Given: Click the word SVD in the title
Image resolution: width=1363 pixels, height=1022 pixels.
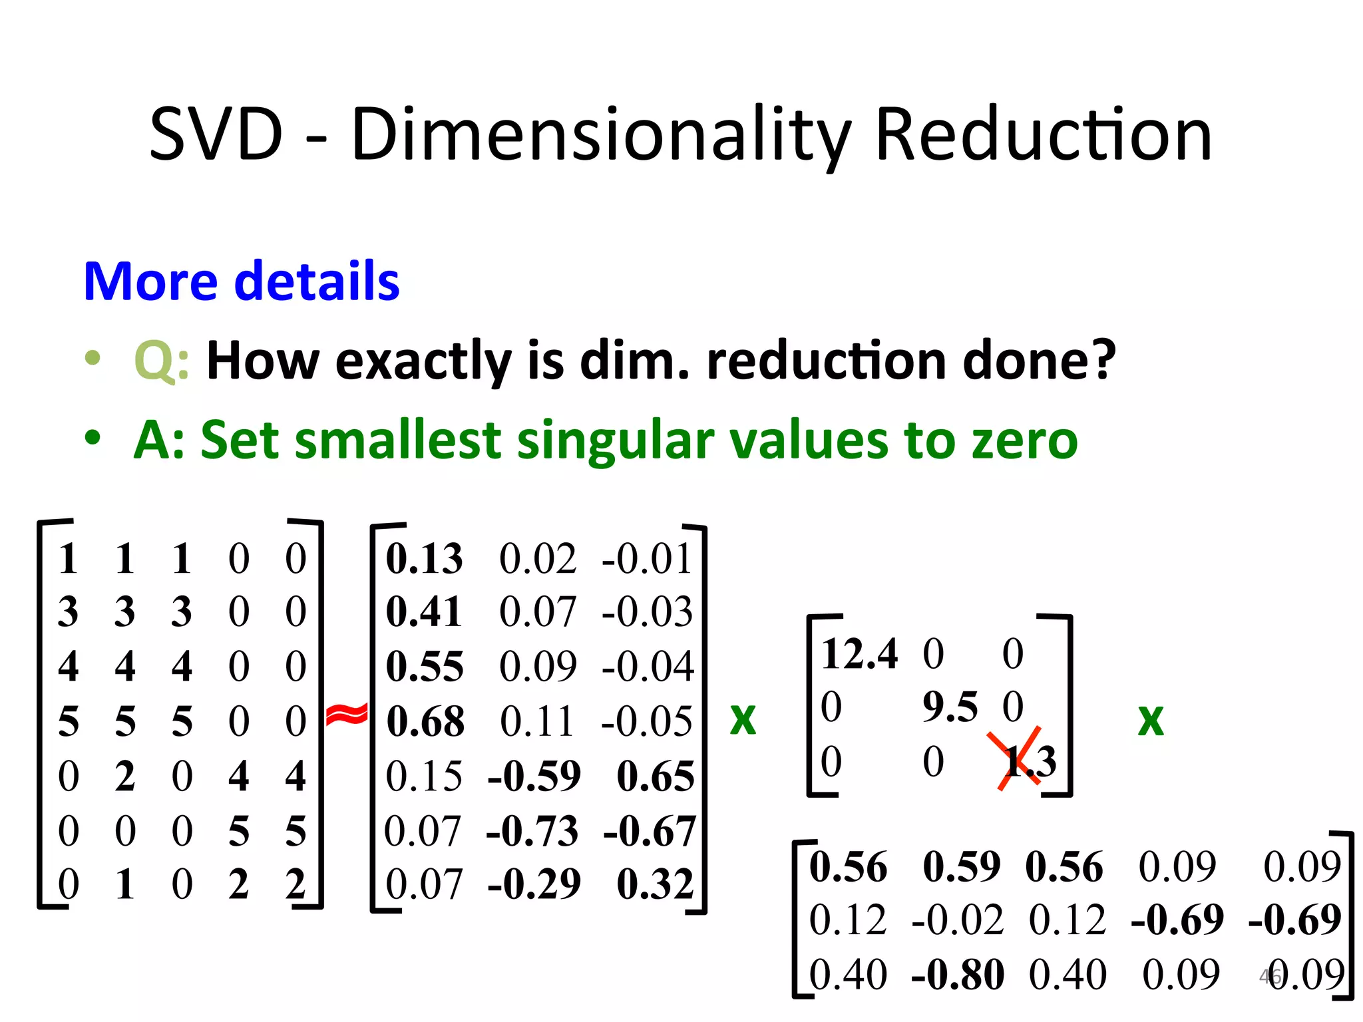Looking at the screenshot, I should pyautogui.click(x=216, y=135).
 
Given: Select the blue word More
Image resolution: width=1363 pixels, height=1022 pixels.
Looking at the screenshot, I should pyautogui.click(x=151, y=281).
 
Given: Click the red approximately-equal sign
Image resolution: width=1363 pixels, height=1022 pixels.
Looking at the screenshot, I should pyautogui.click(x=347, y=715).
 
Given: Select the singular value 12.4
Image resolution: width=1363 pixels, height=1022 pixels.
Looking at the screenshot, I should pyautogui.click(x=859, y=653).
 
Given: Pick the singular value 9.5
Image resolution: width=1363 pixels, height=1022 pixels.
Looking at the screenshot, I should pyautogui.click(x=950, y=707).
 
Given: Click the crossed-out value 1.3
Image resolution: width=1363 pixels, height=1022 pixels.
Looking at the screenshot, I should pyautogui.click(x=1028, y=761).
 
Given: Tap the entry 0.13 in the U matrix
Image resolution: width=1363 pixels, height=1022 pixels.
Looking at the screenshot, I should pyautogui.click(x=424, y=558).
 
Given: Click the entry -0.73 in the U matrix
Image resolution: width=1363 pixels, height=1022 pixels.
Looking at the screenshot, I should pyautogui.click(x=532, y=831).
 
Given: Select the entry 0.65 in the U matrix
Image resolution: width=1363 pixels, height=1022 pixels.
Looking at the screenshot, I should pyautogui.click(x=656, y=776).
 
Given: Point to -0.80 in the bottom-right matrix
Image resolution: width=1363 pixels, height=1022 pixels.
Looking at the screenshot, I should pyautogui.click(x=958, y=975).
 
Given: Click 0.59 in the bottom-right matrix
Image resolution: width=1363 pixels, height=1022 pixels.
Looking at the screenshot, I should pyautogui.click(x=962, y=867).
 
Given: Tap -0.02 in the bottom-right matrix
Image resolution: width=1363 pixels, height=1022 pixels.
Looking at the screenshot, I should pyautogui.click(x=958, y=921).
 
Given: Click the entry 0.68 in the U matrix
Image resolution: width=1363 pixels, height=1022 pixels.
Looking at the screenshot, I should pyautogui.click(x=425, y=721).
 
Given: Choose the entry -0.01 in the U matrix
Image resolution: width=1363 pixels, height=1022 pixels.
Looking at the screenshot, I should pyautogui.click(x=648, y=558).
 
